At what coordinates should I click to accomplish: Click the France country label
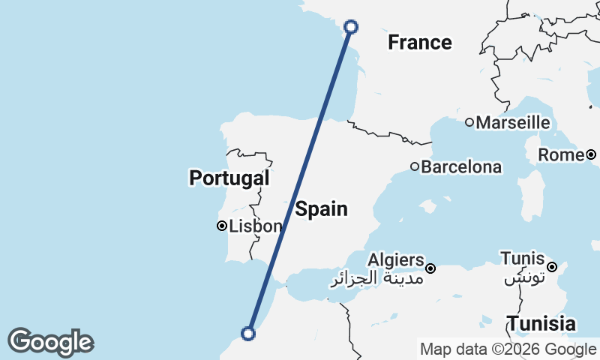pos(420,43)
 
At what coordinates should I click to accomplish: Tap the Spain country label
pos(321,208)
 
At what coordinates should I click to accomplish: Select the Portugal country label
pos(229,178)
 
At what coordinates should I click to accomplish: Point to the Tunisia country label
pos(541,324)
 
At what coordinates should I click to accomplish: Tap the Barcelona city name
pos(461,166)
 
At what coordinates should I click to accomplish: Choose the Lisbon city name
pos(256,226)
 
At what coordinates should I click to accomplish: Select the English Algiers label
pos(396,259)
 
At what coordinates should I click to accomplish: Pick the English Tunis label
pos(522,259)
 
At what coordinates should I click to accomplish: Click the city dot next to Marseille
pos(469,122)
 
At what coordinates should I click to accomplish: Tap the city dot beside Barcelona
pos(414,166)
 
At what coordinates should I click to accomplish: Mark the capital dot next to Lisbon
pos(222,226)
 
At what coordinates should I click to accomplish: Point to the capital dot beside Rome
pos(591,154)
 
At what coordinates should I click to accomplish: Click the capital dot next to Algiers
pos(430,268)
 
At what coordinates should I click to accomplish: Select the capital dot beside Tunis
pos(551,267)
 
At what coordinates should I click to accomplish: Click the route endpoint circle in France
pos(350,27)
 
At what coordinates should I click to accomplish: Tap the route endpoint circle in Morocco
pos(248,334)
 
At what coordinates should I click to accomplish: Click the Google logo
pos(50,342)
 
